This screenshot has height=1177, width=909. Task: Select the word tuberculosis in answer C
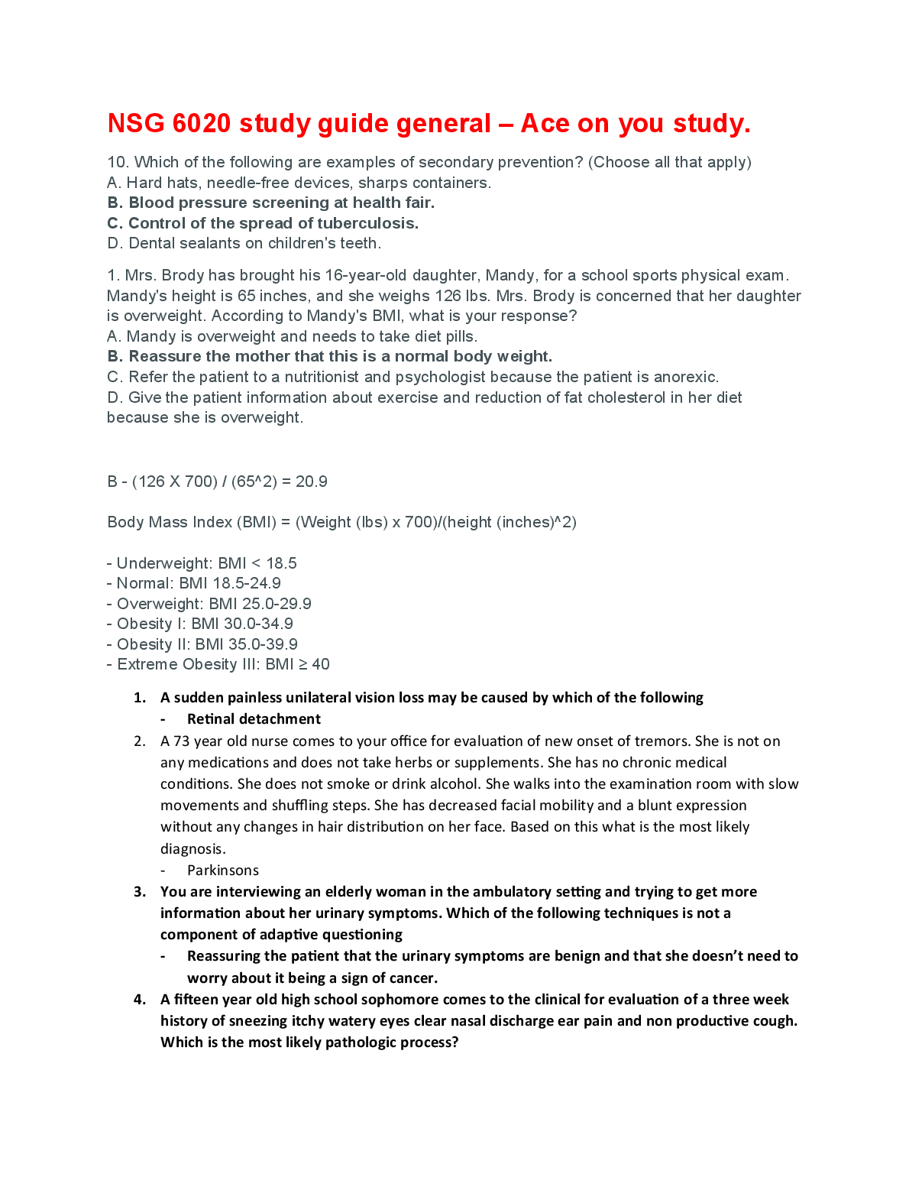pyautogui.click(x=367, y=223)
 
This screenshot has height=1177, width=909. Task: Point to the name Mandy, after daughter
pyautogui.click(x=509, y=275)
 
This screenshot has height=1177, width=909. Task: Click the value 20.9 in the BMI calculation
pyautogui.click(x=312, y=481)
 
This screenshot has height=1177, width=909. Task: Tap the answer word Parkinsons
pyautogui.click(x=223, y=871)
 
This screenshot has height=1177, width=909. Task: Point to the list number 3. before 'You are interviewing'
pyautogui.click(x=140, y=892)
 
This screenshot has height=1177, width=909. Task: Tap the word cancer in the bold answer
pyautogui.click(x=412, y=978)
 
